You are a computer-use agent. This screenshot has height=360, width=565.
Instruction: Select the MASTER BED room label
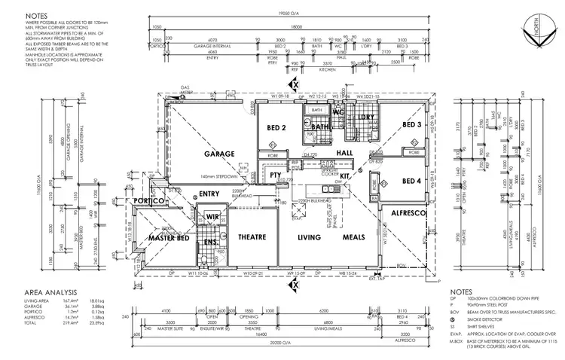pyautogui.click(x=167, y=238)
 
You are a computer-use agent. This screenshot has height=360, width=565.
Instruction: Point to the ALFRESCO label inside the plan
pyautogui.click(x=409, y=215)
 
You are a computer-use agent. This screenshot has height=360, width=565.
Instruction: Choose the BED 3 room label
pyautogui.click(x=411, y=124)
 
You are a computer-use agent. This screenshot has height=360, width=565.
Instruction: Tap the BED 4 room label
pyautogui.click(x=411, y=181)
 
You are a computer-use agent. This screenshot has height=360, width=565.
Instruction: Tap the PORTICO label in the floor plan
pyautogui.click(x=150, y=202)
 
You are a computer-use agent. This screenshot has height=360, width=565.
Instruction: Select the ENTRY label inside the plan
pyautogui.click(x=209, y=194)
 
